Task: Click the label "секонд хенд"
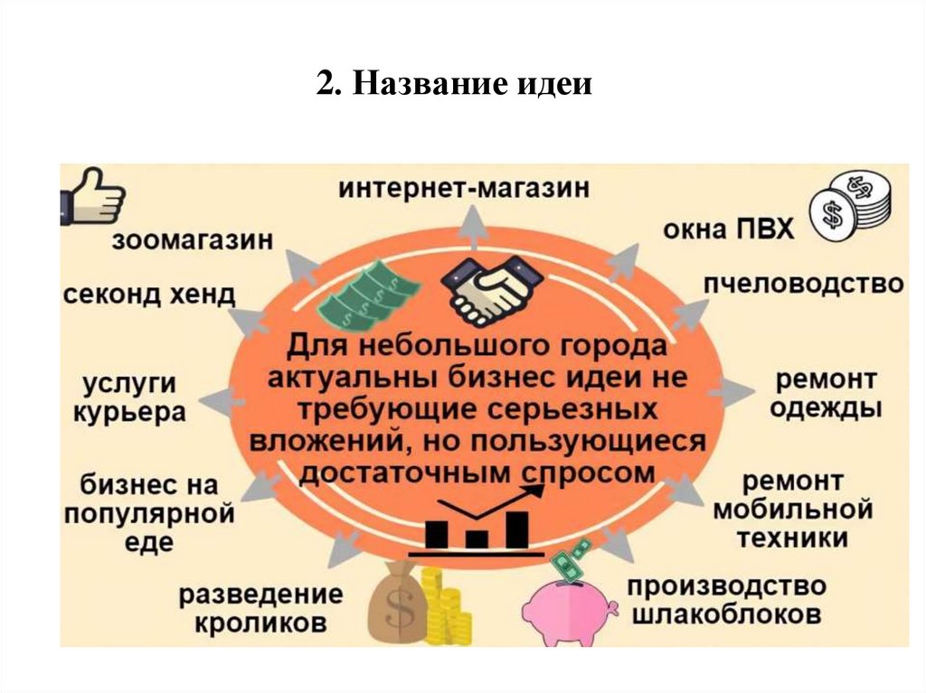150,294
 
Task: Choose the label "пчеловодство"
804,284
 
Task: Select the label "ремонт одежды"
826,392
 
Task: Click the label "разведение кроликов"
260,608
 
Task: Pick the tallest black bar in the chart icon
516,529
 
